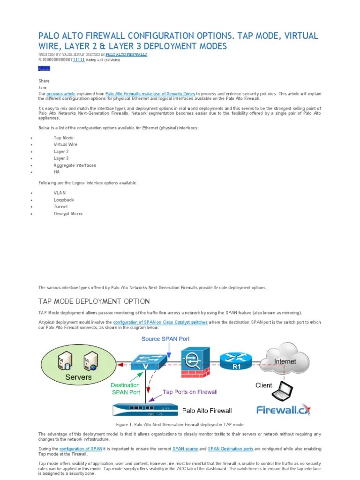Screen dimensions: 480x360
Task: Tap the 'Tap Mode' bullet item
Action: tap(63, 138)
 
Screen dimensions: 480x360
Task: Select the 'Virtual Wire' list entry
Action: tap(66, 144)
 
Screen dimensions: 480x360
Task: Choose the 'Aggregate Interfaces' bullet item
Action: tap(75, 165)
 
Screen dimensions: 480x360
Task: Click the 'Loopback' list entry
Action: tap(64, 200)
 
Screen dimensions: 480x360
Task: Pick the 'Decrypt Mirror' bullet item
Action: tap(68, 213)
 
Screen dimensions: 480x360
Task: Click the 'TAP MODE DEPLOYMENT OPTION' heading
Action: tap(94, 301)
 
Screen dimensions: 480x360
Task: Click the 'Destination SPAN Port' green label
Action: tap(125, 389)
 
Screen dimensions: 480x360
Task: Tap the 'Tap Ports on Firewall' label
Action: tap(190, 392)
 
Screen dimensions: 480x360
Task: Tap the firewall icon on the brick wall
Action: tap(193, 360)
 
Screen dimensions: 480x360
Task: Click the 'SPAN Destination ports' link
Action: tap(230, 449)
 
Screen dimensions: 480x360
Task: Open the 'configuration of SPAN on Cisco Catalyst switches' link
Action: tap(160, 322)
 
